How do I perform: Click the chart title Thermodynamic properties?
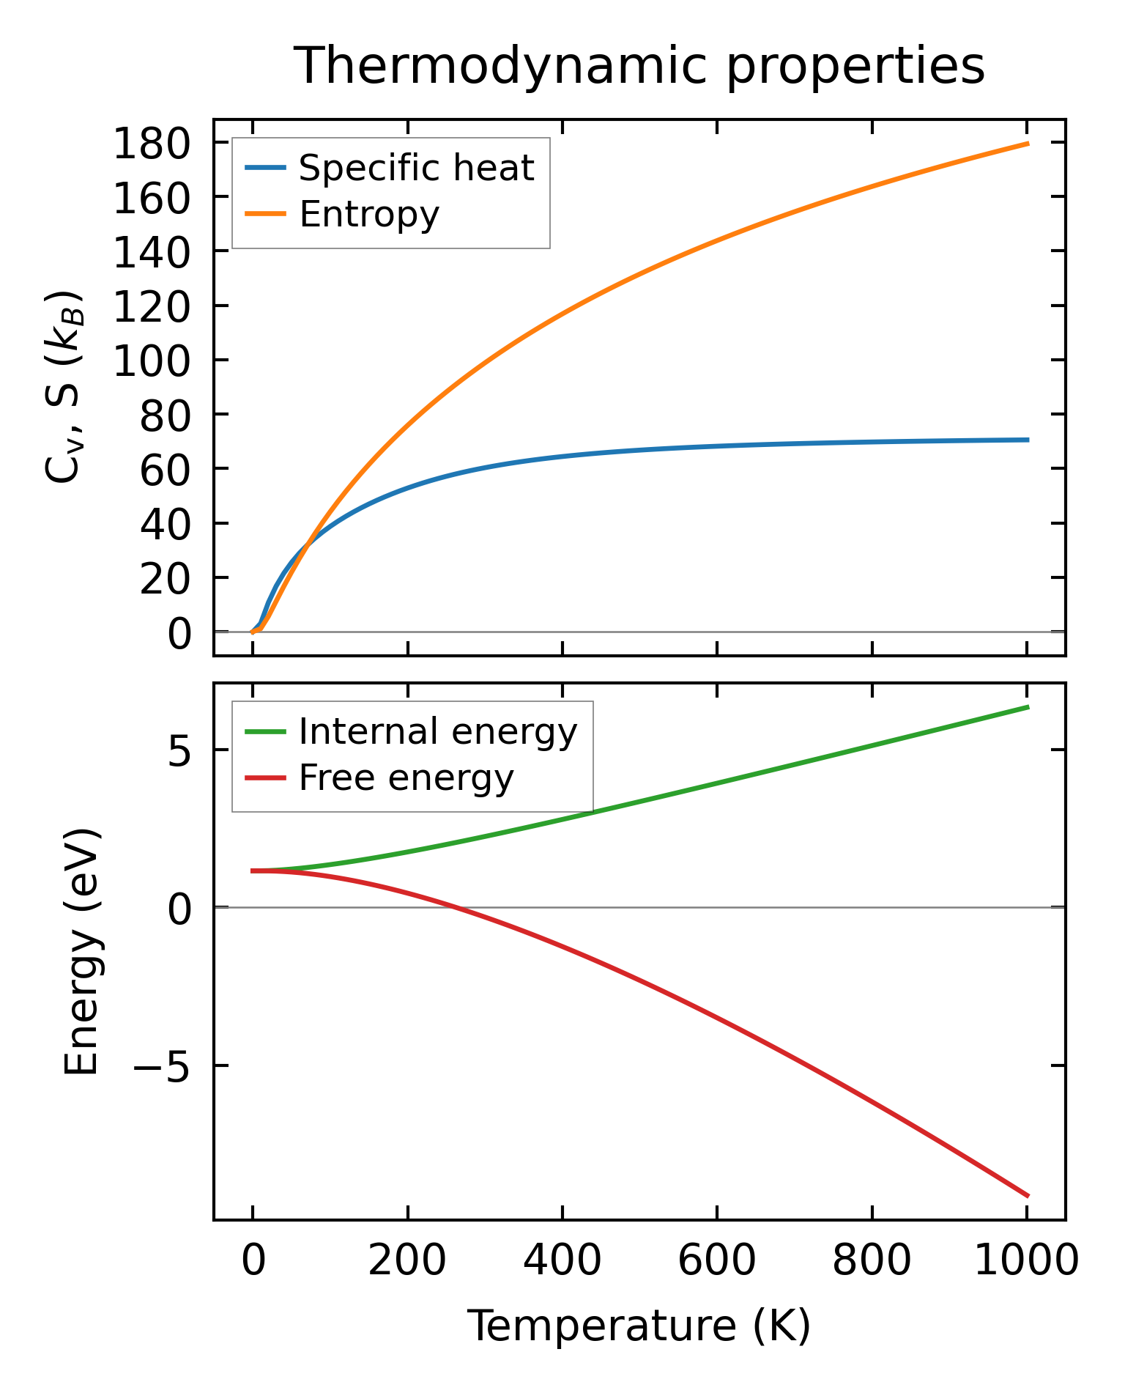(639, 66)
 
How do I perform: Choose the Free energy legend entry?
(406, 778)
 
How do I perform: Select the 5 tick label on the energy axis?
(179, 751)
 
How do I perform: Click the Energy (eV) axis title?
(82, 952)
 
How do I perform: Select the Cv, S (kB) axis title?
(64, 388)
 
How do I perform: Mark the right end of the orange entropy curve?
(1028, 144)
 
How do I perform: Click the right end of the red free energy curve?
(1028, 1196)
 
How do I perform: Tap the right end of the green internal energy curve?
(1028, 707)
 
